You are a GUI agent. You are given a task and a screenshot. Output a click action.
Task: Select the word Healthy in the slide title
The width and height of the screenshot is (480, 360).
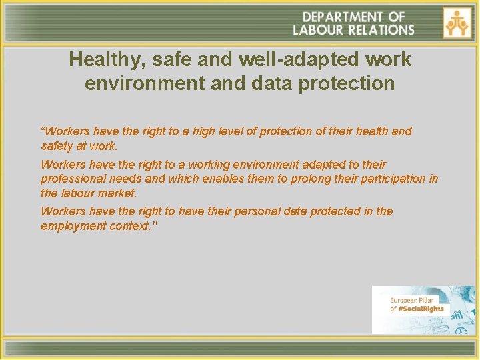tap(106, 60)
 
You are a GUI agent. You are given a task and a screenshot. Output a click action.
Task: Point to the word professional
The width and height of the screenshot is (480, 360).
tap(71, 179)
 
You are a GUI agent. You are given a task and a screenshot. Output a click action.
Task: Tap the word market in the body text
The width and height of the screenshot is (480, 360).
tap(119, 193)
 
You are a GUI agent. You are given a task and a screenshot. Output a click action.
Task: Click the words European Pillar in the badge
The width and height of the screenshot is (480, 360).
tap(411, 301)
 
